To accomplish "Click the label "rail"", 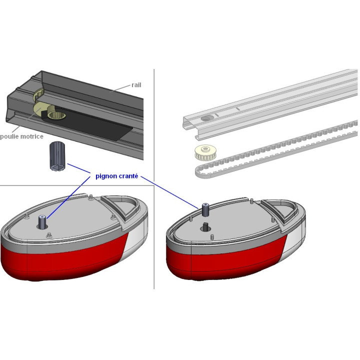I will pos(136,85).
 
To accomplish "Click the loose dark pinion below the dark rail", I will pos(56,156).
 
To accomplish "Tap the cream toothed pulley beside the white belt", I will pos(204,153).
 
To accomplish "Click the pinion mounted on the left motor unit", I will pos(42,220).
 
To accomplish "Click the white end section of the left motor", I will pos(138,240).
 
